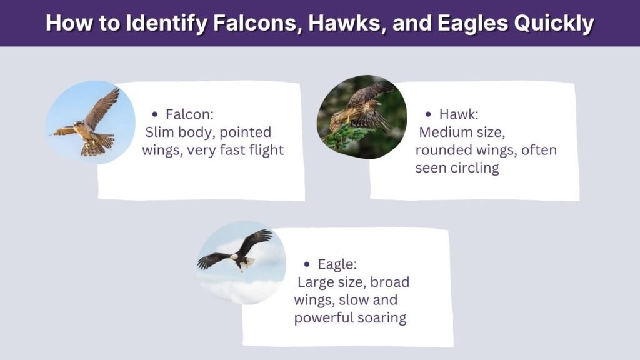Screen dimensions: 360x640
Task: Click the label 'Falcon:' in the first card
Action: [x=189, y=114]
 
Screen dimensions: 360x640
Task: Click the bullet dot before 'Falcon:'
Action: [x=155, y=114]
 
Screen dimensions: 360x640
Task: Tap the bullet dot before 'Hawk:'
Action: [x=428, y=114]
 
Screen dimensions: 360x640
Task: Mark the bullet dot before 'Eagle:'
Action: [x=306, y=264]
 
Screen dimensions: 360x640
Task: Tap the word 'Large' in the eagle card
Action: [x=316, y=282]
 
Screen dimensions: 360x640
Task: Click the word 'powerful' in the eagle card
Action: [x=323, y=318]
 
